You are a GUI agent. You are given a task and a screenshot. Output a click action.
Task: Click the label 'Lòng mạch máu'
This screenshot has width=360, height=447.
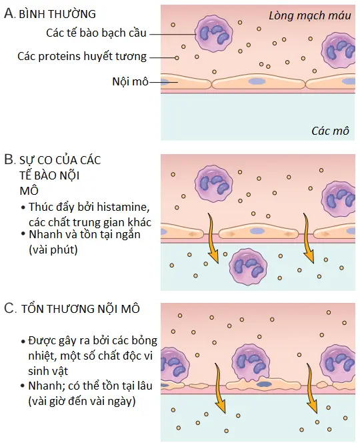click(x=310, y=16)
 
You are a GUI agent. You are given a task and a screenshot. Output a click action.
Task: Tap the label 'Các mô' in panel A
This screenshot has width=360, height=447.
click(x=330, y=131)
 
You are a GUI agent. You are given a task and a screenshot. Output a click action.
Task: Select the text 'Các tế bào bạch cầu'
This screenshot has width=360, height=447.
click(x=96, y=33)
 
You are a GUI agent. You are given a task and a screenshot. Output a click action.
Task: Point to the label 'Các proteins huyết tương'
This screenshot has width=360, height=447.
click(x=82, y=57)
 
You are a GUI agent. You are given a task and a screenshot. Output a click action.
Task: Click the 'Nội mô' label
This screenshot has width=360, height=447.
click(x=131, y=82)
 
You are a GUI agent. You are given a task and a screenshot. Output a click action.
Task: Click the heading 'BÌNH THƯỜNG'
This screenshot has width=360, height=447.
click(x=57, y=14)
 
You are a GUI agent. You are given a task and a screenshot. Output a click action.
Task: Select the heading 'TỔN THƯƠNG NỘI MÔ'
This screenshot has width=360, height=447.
click(x=81, y=309)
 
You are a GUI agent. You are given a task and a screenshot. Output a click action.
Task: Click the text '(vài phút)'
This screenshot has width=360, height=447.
click(x=53, y=250)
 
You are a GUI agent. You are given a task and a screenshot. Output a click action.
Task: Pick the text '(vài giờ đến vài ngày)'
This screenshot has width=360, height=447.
click(x=82, y=402)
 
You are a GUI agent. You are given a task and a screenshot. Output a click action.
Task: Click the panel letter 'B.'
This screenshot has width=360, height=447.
click(x=9, y=159)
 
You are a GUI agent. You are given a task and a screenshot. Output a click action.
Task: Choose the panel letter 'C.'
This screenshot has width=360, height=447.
click(x=10, y=308)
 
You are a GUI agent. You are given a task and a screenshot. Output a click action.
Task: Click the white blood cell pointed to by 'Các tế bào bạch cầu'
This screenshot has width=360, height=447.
click(x=213, y=34)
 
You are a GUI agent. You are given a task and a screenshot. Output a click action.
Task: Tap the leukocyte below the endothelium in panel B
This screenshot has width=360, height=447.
click(x=248, y=267)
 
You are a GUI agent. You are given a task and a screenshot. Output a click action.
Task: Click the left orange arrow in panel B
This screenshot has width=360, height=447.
click(x=212, y=239)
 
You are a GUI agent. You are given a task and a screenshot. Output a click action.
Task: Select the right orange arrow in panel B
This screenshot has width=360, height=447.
click(x=307, y=239)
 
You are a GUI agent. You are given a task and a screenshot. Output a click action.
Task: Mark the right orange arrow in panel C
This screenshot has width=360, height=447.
click(x=312, y=389)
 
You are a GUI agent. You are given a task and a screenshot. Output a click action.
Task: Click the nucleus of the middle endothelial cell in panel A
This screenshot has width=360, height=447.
click(x=257, y=82)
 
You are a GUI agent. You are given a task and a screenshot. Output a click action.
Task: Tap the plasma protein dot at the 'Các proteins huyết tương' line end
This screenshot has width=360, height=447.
click(x=177, y=58)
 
